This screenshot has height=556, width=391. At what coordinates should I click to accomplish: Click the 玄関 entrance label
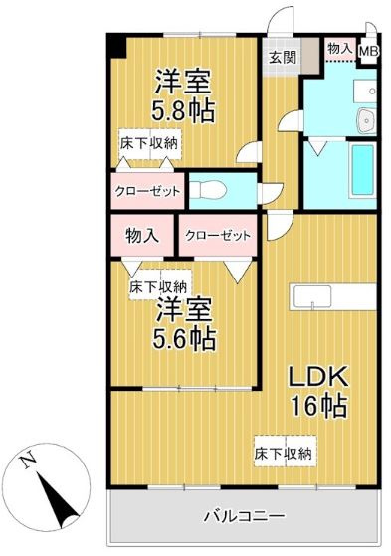tap(279, 57)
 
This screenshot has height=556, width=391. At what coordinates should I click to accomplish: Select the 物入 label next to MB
tap(339, 48)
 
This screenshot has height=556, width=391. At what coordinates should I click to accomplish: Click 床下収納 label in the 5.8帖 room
tap(150, 143)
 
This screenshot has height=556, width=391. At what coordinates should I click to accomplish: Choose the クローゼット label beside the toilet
tap(146, 190)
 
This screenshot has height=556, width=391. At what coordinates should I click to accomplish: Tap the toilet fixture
tap(214, 190)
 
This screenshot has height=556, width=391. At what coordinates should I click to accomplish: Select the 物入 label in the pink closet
tap(142, 236)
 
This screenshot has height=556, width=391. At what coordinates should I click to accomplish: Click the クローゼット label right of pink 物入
tap(216, 236)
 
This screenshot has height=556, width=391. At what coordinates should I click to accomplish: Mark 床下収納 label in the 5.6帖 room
tap(159, 286)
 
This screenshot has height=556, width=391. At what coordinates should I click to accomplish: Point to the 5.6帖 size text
tap(184, 337)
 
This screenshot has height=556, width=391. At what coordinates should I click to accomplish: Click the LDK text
tap(317, 377)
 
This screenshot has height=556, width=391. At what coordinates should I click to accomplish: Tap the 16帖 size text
tap(318, 406)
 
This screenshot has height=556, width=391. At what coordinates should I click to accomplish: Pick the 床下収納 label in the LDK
tap(284, 453)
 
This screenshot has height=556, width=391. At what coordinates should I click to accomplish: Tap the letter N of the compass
tap(29, 460)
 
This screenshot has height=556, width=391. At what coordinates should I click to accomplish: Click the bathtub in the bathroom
tap(360, 172)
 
